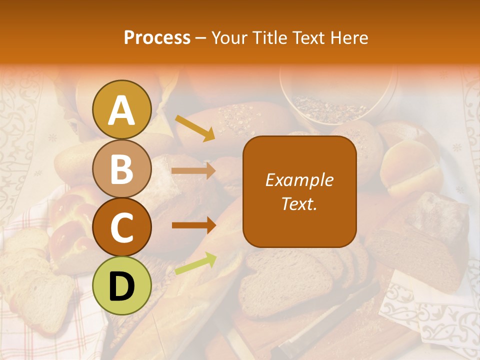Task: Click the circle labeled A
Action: [x=121, y=110]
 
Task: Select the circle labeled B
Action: [x=121, y=169]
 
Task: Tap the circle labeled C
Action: [x=121, y=227]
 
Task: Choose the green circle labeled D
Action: [x=121, y=285]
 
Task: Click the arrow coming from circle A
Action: [x=194, y=128]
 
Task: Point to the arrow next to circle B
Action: [x=193, y=171]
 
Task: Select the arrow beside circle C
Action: [x=193, y=225]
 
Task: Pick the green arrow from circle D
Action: [x=195, y=263]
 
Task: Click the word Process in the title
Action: [x=157, y=37]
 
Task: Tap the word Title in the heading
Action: [x=269, y=37]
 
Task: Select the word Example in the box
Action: [x=299, y=180]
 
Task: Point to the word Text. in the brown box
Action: [x=299, y=203]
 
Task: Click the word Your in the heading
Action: [x=230, y=37]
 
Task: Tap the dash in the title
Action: [x=201, y=37]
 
